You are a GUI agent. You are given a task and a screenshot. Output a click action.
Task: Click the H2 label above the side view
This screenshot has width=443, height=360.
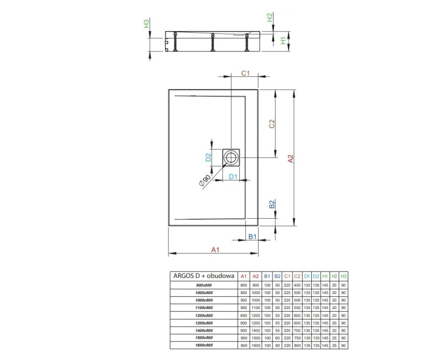(x=270, y=18)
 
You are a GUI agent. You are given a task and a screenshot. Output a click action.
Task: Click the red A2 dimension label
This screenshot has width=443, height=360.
(x=290, y=158)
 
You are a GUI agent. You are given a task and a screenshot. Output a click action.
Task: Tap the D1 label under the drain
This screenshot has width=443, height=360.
(x=233, y=177)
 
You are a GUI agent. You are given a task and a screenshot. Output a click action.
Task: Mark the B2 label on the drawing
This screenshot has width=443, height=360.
(x=272, y=204)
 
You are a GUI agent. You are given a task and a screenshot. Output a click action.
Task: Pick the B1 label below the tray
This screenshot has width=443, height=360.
(x=252, y=236)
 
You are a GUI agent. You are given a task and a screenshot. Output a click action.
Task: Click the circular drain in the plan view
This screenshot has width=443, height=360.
(x=230, y=157)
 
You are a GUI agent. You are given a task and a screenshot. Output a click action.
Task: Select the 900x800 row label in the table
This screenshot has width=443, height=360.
(x=204, y=285)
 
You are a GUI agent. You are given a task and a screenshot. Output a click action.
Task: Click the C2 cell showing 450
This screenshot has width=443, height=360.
(x=298, y=285)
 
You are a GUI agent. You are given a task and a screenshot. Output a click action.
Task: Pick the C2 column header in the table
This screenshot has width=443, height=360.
(x=298, y=276)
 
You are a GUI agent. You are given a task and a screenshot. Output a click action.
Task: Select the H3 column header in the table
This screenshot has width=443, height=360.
(x=343, y=276)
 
